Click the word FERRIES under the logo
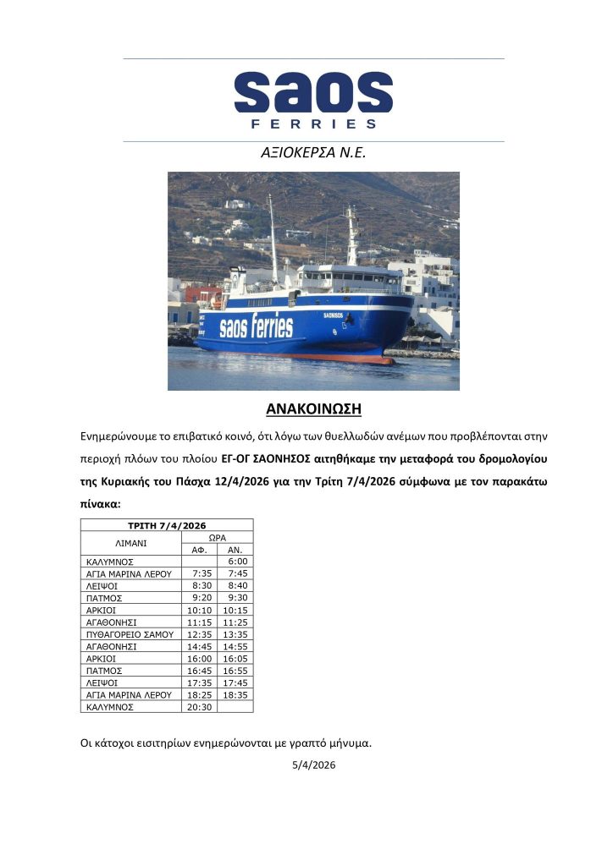pyautogui.click(x=313, y=124)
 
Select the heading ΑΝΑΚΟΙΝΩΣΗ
pyautogui.click(x=313, y=409)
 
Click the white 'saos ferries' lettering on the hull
pyautogui.click(x=256, y=327)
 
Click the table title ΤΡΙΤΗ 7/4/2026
pyautogui.click(x=167, y=525)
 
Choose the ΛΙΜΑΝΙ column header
pyautogui.click(x=130, y=543)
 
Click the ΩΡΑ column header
pyautogui.click(x=218, y=537)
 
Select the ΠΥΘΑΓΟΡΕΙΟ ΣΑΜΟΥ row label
pyautogui.click(x=130, y=634)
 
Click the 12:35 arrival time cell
pyautogui.click(x=200, y=634)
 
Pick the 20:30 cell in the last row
pyautogui.click(x=200, y=707)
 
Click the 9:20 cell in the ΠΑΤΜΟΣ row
pyautogui.click(x=202, y=598)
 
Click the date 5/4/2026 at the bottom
pyautogui.click(x=312, y=765)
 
